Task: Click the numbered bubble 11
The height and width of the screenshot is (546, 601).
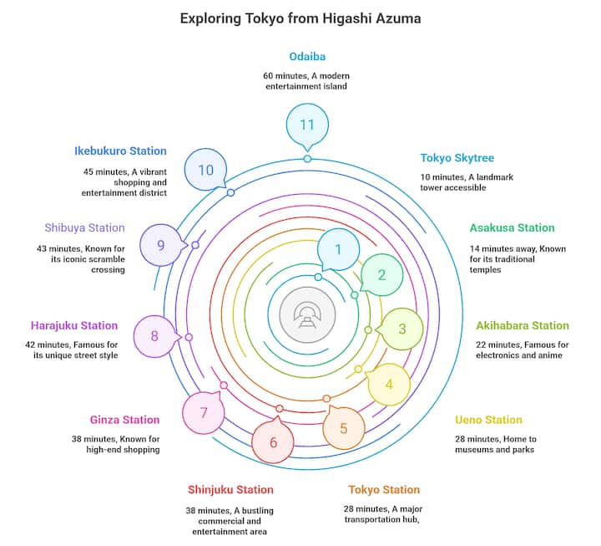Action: tap(307, 125)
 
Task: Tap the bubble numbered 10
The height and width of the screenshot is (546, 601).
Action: tap(205, 170)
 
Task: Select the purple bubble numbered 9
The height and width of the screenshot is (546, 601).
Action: tap(161, 245)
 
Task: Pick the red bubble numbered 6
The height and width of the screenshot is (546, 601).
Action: tap(273, 442)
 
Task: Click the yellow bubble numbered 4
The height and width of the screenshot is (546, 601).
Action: tap(389, 385)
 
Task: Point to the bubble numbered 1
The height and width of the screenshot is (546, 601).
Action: tap(338, 249)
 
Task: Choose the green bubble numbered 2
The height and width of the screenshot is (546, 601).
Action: tap(381, 275)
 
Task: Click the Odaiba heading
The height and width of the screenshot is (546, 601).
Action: tap(307, 57)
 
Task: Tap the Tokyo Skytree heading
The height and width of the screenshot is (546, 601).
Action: tap(457, 158)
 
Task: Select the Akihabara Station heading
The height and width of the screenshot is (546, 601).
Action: tap(523, 325)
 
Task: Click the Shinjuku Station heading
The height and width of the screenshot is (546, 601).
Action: tap(230, 489)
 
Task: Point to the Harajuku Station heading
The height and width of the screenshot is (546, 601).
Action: tap(74, 325)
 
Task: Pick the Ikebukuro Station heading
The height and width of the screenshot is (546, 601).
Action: tap(120, 151)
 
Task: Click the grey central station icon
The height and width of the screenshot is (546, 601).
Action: tap(307, 315)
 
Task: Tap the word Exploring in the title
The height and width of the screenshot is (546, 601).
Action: tap(210, 18)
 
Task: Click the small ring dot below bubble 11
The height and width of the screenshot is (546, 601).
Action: tap(307, 159)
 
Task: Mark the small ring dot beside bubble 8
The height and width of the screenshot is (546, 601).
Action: tap(189, 337)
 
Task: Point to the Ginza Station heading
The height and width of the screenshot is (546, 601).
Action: tap(124, 420)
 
